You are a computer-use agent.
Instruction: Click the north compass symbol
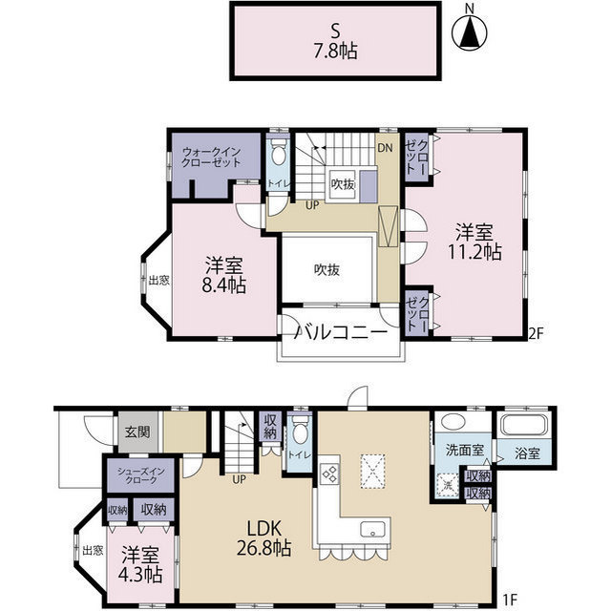click(470, 32)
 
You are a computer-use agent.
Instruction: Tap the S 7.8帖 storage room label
click(335, 40)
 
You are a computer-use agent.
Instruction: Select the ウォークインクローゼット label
click(211, 157)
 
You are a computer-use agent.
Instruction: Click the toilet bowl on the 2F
click(278, 153)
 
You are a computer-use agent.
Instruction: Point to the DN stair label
click(385, 148)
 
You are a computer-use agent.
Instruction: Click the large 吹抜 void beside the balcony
click(327, 269)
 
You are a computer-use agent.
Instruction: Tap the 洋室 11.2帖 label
click(474, 242)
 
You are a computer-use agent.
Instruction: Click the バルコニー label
click(341, 332)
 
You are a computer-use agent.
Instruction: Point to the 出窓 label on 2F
click(159, 280)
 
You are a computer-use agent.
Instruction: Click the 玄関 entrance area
click(137, 432)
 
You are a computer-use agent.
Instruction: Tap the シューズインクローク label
click(141, 475)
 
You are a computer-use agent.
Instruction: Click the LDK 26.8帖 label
click(264, 538)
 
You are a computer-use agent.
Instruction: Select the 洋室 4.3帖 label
click(140, 565)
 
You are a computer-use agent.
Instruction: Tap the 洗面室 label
click(465, 451)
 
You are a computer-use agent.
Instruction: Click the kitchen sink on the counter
click(372, 529)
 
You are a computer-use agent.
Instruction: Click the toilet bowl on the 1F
click(300, 430)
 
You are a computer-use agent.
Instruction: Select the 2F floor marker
click(536, 333)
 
